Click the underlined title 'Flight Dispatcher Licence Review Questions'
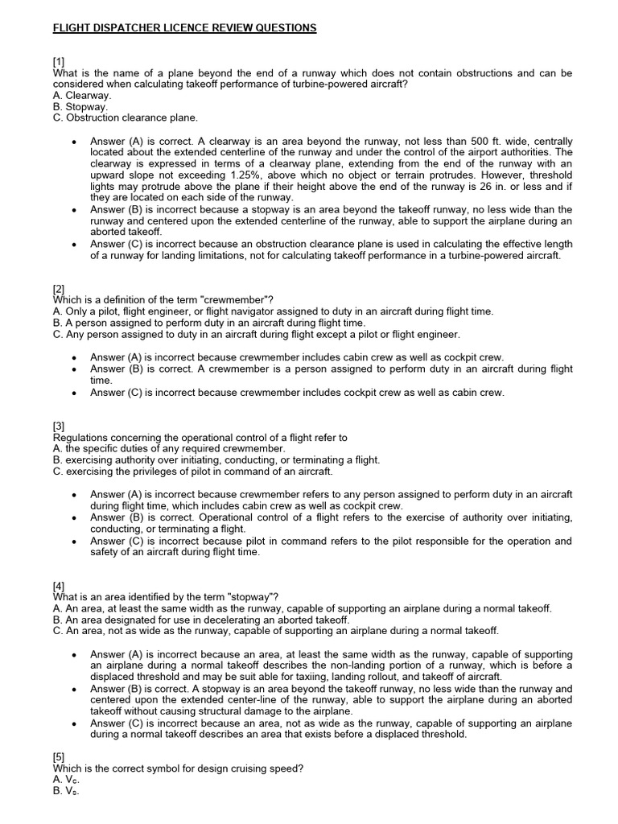(x=184, y=28)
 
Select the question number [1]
(x=60, y=61)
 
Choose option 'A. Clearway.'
(x=82, y=95)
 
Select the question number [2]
(x=60, y=288)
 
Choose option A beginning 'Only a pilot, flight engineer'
(x=273, y=311)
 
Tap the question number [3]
(x=60, y=426)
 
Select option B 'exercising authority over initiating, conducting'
(x=216, y=459)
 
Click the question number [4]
(x=60, y=585)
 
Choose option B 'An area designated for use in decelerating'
(x=201, y=619)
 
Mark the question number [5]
(x=60, y=756)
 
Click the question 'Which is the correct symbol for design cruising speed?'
(x=178, y=768)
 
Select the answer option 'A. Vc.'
(x=66, y=779)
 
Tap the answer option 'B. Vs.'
(x=66, y=790)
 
